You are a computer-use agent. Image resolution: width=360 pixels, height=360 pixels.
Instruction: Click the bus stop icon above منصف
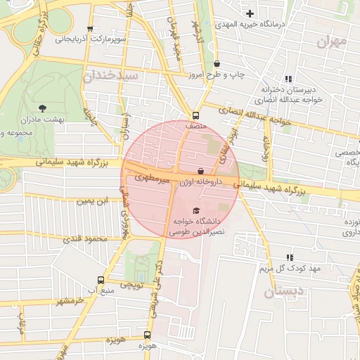(x=195, y=116)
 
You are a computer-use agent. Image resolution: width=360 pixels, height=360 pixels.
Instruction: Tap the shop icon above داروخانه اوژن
(x=201, y=171)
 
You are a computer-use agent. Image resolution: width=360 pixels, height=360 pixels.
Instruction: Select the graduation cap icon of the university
(x=195, y=210)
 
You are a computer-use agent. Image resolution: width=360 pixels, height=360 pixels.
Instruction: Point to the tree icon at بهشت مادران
(x=42, y=108)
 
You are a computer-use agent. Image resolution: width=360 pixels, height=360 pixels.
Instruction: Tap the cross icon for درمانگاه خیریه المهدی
(x=250, y=13)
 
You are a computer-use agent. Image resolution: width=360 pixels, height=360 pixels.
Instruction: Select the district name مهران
(x=331, y=41)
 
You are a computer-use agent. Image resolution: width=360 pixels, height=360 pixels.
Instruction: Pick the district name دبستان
(x=285, y=291)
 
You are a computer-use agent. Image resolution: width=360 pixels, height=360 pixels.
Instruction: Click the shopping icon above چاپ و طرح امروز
(x=217, y=63)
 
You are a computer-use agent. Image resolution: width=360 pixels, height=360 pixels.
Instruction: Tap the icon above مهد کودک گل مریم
(x=289, y=257)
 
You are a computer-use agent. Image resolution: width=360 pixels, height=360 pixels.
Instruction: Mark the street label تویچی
(x=133, y=285)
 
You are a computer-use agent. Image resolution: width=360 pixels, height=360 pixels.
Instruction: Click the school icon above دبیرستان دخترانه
(x=288, y=79)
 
